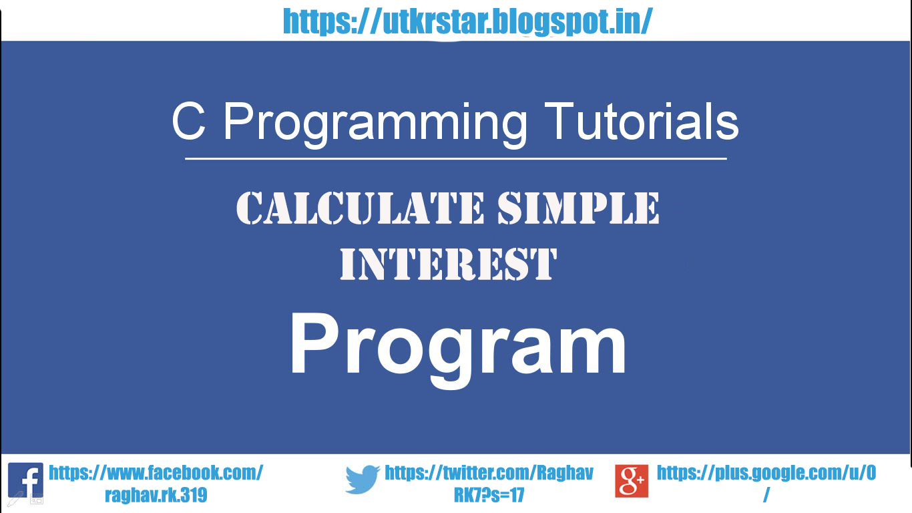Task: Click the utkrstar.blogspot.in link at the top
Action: tap(467, 22)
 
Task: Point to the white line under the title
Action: tap(455, 159)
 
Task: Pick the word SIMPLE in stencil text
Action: tap(578, 208)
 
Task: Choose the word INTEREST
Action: tap(448, 264)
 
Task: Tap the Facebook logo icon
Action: tap(25, 480)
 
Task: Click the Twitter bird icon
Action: tap(363, 480)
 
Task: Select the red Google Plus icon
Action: tap(632, 481)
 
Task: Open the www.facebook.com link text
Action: tap(156, 473)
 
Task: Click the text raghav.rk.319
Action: tap(156, 495)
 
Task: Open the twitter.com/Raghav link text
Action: tap(489, 473)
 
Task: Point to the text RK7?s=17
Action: tap(489, 495)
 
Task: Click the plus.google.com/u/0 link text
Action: tap(766, 473)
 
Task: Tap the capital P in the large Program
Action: tap(312, 345)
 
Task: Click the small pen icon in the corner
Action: tap(15, 498)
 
